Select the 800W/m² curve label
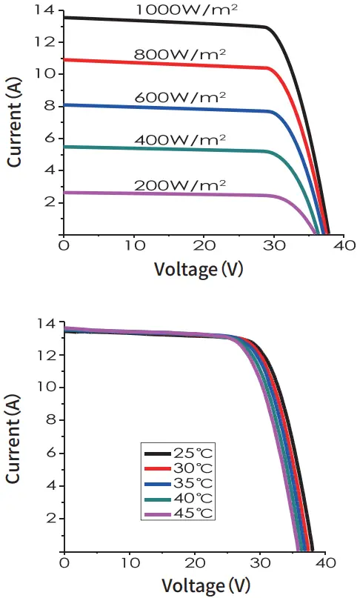pyautogui.click(x=180, y=54)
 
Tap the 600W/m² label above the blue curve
pyautogui.click(x=180, y=97)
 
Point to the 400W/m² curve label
pyautogui.click(x=180, y=139)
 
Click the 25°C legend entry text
pyautogui.click(x=194, y=454)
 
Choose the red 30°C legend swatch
pyautogui.click(x=157, y=468)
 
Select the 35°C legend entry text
pyautogui.click(x=194, y=484)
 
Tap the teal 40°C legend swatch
pyautogui.click(x=157, y=499)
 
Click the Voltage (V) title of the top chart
pyautogui.click(x=199, y=268)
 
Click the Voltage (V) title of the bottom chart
pyautogui.click(x=199, y=585)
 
